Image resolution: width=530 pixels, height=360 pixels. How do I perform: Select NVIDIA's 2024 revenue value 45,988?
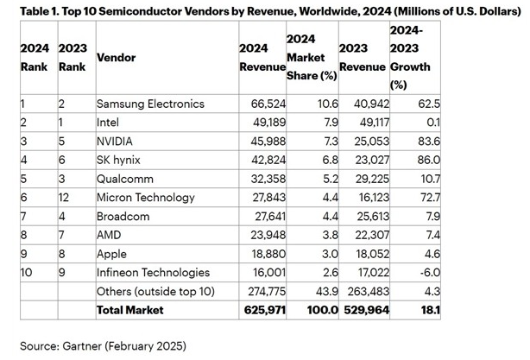tap(267, 141)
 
